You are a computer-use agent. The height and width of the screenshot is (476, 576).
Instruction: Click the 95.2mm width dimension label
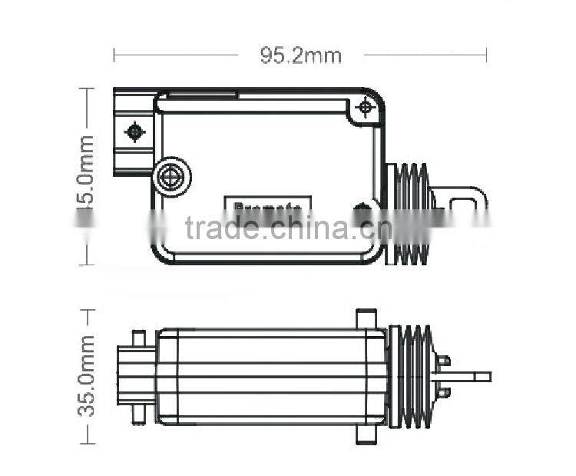coord(300,55)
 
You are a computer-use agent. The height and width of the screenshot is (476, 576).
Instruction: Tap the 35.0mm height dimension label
coord(86,376)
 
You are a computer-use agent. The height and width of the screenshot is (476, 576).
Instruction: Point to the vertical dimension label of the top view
coord(86,177)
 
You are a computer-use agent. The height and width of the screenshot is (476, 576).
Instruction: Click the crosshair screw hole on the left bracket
coord(135,131)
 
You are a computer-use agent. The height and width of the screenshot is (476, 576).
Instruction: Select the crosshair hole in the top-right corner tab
coord(366,108)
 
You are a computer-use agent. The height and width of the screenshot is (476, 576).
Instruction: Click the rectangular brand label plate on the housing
coord(267,205)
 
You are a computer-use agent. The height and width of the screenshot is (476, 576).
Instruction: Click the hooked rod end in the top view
coord(468,201)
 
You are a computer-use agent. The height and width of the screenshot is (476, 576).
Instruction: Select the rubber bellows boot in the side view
coord(412,377)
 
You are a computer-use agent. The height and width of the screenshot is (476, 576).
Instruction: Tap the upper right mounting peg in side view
coord(366,318)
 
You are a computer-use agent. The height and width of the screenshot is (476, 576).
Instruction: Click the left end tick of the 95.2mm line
coord(114,55)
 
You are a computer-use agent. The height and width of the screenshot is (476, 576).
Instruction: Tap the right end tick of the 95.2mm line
coord(487,55)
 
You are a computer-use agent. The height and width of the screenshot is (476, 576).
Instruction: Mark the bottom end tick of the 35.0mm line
coord(88,443)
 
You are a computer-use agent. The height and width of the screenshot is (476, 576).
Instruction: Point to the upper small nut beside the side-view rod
coord(443,360)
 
